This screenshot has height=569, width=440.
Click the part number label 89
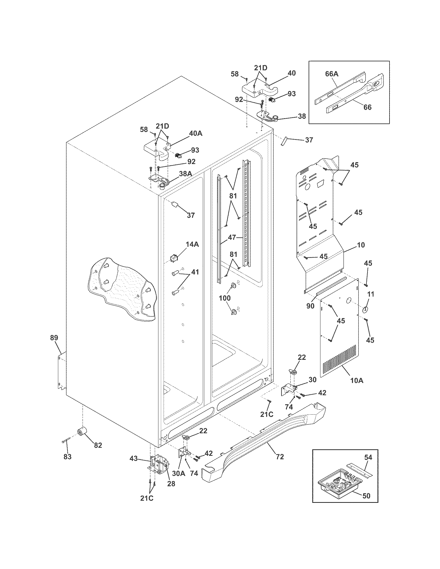[x=54, y=338]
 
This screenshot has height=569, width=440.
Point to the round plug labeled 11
[x=365, y=310]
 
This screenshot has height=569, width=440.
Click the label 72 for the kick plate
[x=280, y=456]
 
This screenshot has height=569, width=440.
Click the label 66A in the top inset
[x=332, y=74]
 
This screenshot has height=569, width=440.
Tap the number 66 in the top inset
[x=368, y=107]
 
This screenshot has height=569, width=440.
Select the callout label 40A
[x=195, y=133]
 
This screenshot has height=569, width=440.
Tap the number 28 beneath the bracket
[x=171, y=484]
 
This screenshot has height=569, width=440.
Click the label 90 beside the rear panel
[x=310, y=306]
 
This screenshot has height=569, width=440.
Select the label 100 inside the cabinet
[x=225, y=298]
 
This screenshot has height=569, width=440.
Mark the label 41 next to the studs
[x=195, y=272]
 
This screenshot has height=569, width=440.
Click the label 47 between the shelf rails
[x=232, y=237]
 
